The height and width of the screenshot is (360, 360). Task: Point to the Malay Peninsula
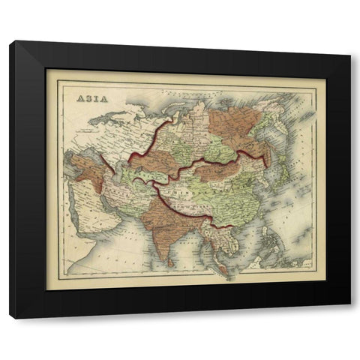pyautogui.click(x=215, y=259)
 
